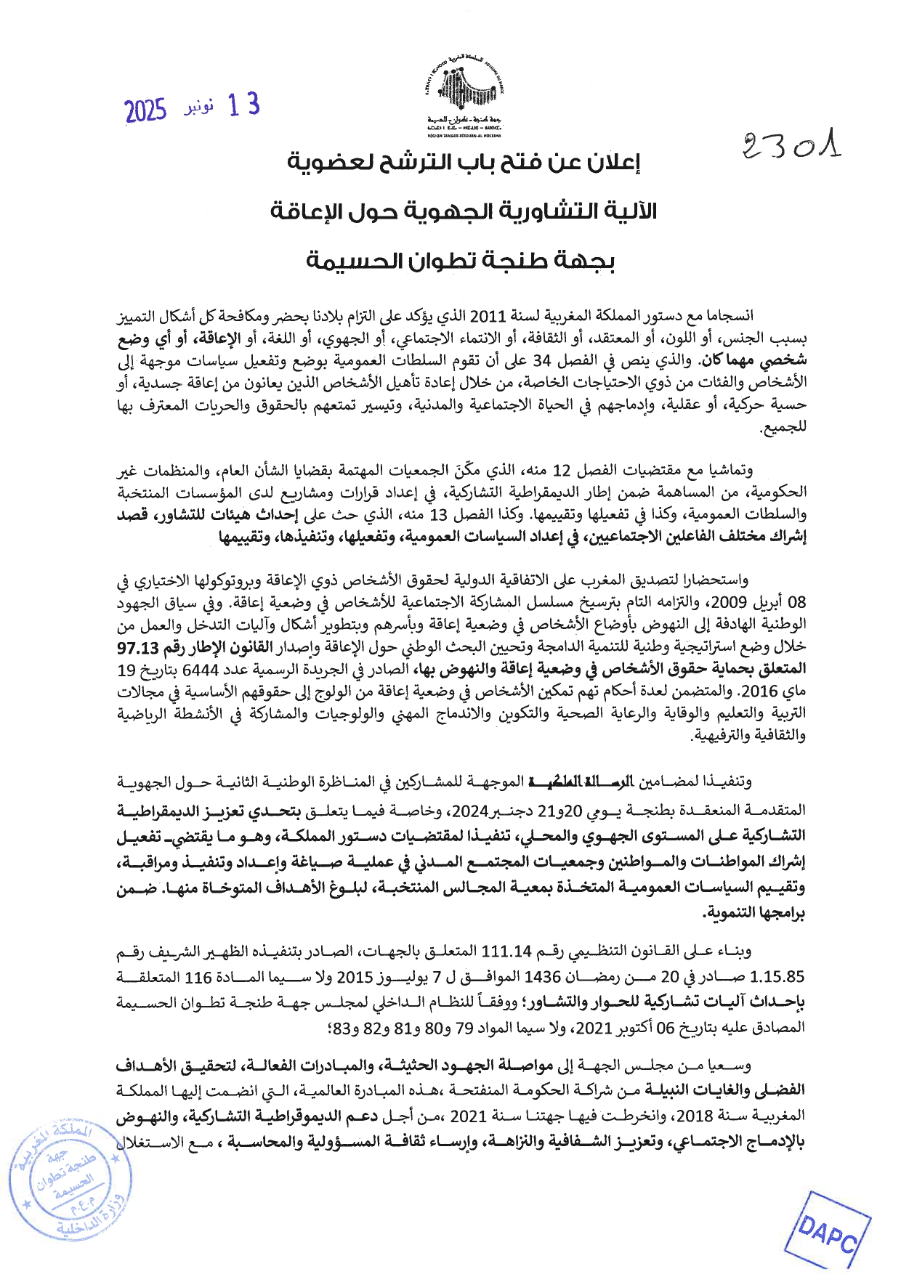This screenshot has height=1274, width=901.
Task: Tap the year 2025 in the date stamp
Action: [x=145, y=111]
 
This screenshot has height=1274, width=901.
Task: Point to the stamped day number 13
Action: [x=243, y=106]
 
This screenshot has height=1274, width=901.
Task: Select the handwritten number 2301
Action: [x=791, y=146]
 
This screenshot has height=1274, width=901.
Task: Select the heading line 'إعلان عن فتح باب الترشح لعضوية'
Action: [x=464, y=163]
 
